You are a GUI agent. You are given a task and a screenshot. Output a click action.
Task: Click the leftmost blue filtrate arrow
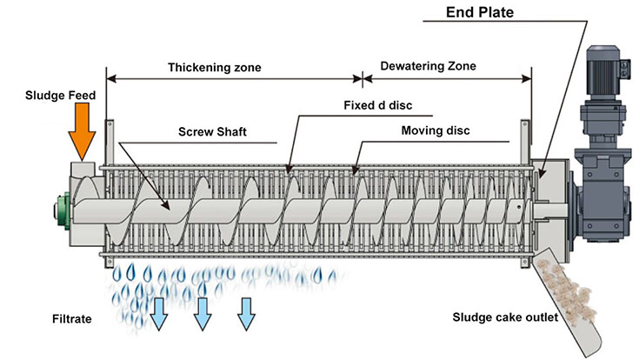pos(160,314)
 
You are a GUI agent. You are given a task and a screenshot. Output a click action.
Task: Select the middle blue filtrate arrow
pos(203,312)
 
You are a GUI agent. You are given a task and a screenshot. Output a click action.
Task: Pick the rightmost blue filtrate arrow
pos(246,310)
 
